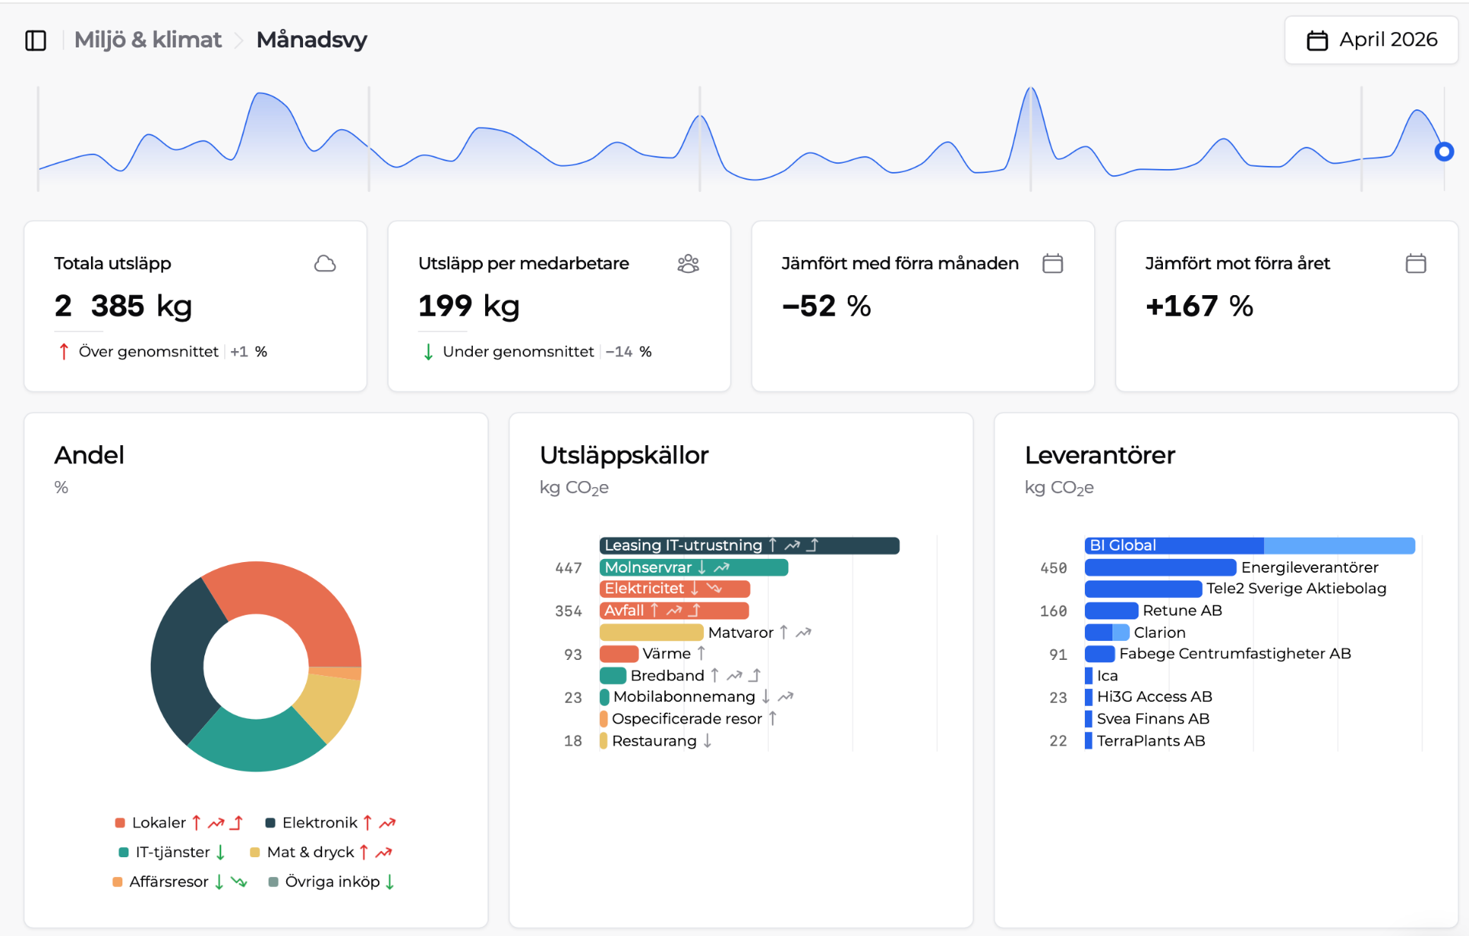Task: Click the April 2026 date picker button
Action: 1371,40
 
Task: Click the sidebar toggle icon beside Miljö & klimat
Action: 36,40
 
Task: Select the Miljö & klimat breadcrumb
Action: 148,40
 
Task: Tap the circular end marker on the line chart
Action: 1444,151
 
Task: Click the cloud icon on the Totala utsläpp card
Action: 325,264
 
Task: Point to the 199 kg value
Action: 468,306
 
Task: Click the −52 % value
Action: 826,306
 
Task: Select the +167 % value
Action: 1199,306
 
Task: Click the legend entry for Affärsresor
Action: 168,882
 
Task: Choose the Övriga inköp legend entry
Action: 332,882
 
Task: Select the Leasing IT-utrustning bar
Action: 749,545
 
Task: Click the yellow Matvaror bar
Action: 651,632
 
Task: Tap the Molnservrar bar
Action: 693,567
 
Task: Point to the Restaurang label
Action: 654,741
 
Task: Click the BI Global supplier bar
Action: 1249,545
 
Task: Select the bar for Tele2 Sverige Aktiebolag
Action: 1143,589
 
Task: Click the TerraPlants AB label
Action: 1151,741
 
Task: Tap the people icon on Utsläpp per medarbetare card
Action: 689,264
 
